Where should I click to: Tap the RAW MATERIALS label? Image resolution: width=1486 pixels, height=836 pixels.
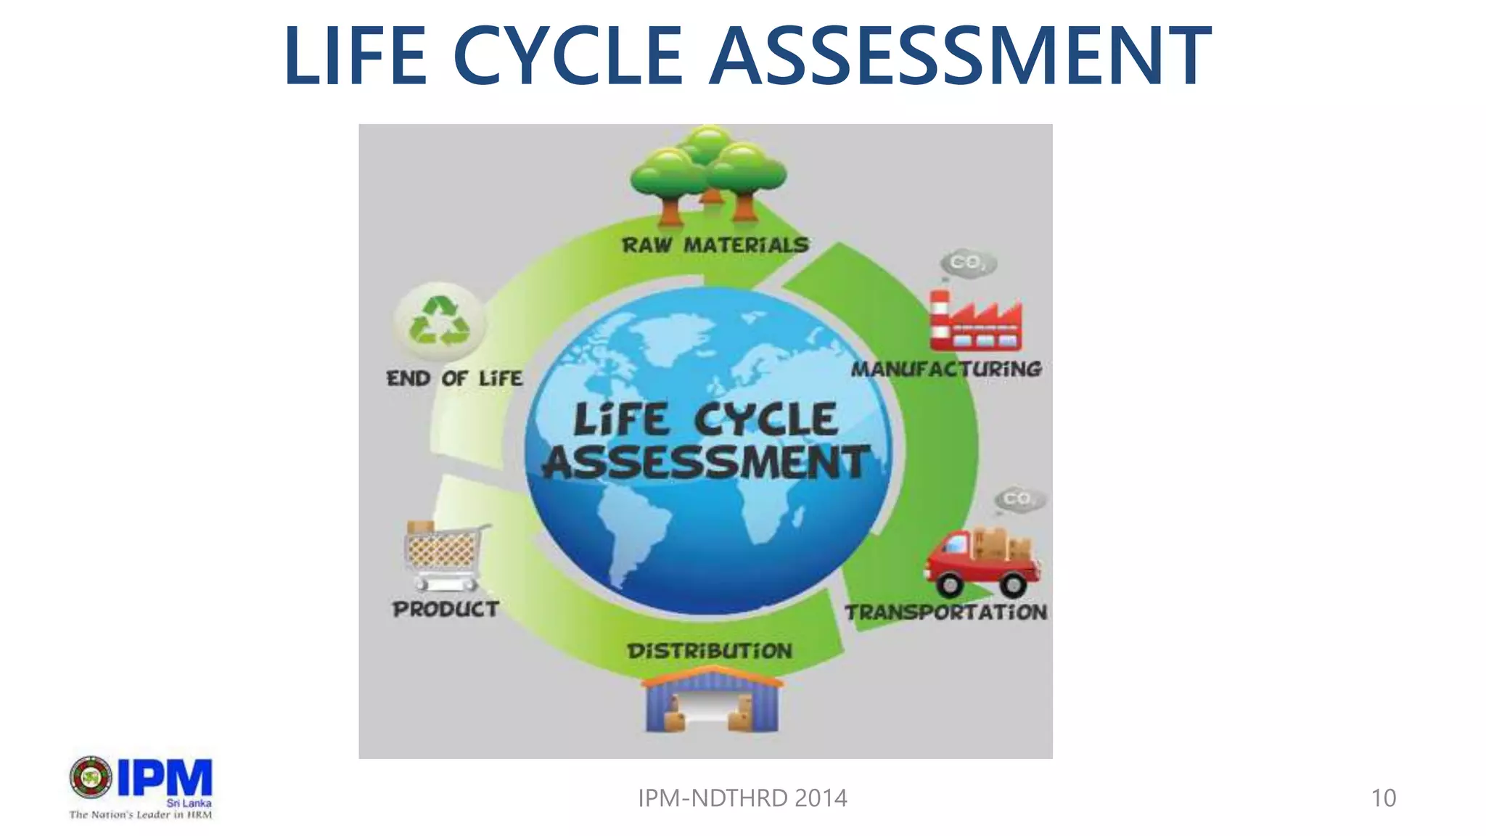(715, 245)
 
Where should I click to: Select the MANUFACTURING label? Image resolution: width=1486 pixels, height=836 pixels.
(946, 369)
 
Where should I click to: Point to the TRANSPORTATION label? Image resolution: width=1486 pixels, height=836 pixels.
(945, 612)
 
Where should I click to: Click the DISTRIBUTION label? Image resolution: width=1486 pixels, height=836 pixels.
(710, 651)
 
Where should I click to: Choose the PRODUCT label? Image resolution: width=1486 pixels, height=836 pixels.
(446, 609)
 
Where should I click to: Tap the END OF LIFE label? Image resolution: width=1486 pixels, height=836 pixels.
(454, 378)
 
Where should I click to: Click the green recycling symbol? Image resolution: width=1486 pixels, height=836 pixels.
(439, 321)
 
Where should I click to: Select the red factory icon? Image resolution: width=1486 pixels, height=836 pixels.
(975, 321)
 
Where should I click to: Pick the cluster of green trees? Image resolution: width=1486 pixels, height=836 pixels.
(708, 174)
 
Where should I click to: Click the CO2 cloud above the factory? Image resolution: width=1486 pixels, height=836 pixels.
(968, 263)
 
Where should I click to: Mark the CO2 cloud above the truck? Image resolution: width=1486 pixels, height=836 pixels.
(1020, 499)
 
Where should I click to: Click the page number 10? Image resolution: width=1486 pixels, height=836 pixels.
(1383, 798)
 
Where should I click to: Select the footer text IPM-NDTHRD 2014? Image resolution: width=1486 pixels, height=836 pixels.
(742, 798)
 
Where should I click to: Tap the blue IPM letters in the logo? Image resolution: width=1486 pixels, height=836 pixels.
(165, 778)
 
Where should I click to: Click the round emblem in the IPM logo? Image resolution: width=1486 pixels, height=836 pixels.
(91, 777)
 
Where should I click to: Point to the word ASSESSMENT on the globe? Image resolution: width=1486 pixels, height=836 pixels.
(706, 462)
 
